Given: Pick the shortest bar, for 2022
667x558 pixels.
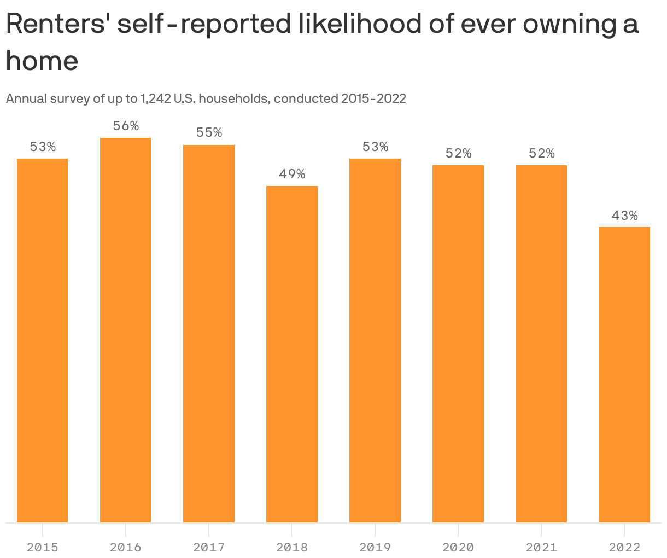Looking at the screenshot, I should [x=624, y=375].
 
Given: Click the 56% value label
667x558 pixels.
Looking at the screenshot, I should [x=126, y=126].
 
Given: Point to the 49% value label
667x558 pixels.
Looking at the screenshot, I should [x=292, y=175].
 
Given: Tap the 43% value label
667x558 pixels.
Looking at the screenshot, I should [x=624, y=216].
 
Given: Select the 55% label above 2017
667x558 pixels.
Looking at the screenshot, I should [x=209, y=133].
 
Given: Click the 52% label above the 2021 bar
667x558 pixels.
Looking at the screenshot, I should [x=541, y=154].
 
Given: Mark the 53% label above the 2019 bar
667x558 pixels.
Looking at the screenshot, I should [x=375, y=147].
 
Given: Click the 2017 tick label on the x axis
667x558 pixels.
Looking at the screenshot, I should [x=209, y=547].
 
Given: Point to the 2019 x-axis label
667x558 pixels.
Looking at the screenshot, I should [x=375, y=547].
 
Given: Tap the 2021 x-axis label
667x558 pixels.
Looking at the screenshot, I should [x=541, y=547].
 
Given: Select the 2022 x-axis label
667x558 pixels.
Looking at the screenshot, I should [x=624, y=547].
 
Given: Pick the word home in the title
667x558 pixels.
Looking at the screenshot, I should [x=42, y=60].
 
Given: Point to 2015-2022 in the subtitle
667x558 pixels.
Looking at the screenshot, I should [x=373, y=99].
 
